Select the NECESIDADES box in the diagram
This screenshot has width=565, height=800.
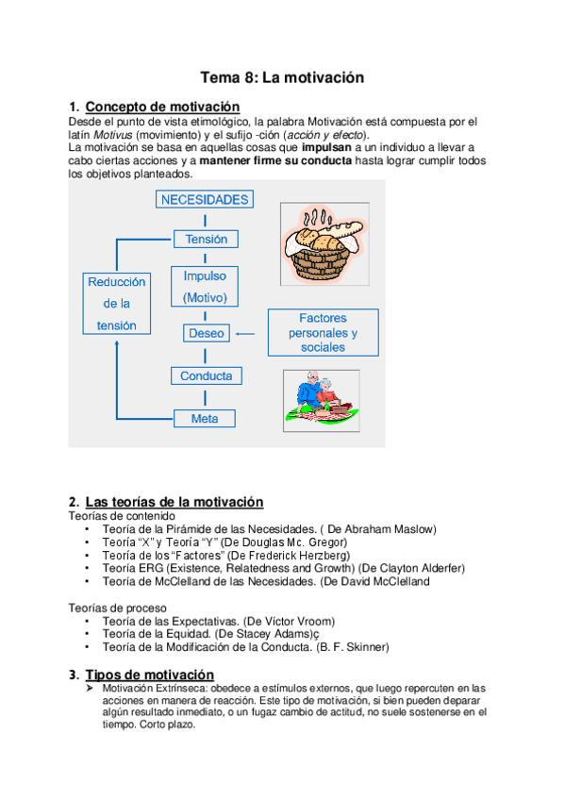click(x=205, y=200)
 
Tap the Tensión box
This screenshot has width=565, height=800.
click(x=206, y=240)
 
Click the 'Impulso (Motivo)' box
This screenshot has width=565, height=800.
click(x=205, y=287)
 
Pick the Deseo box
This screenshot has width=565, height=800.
click(x=206, y=333)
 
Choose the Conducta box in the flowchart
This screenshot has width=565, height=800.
click(x=206, y=375)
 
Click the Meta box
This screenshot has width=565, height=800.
click(x=205, y=419)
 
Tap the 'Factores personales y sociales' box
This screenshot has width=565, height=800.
click(x=323, y=333)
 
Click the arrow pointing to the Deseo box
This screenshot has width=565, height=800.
click(x=245, y=333)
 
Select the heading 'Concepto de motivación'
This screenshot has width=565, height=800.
click(x=162, y=107)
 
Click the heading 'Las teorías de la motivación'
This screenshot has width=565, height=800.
click(x=174, y=502)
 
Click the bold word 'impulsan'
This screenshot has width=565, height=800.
click(x=326, y=148)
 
